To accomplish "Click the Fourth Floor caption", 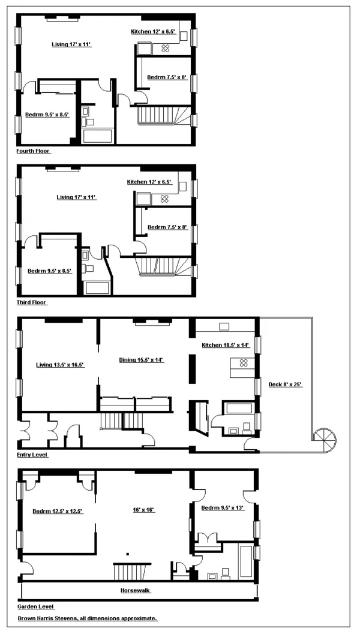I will pos(34,151).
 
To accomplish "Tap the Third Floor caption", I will pos(32,303).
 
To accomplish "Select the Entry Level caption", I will pos(32,455).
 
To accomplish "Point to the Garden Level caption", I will pos(34,607).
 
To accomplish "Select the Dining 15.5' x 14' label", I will pos(141,360).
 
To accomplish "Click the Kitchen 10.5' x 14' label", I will pos(224,345).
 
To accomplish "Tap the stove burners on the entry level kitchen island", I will pos(244,363).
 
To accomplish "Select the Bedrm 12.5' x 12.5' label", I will pos(57,511).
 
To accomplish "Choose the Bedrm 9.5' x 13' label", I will pos(223,509).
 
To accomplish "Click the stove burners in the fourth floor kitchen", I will pos(166,49).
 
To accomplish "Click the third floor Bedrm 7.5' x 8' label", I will pos(167,227).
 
